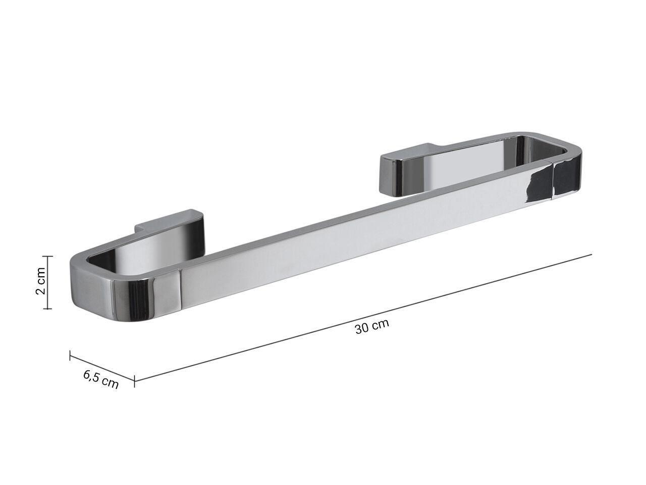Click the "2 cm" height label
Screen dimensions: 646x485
(40, 281)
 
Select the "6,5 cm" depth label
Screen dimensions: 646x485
(100, 379)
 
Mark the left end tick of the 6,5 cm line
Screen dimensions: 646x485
(70, 356)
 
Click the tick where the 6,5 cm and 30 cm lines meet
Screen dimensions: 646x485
(135, 381)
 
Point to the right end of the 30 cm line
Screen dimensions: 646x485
(591, 255)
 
